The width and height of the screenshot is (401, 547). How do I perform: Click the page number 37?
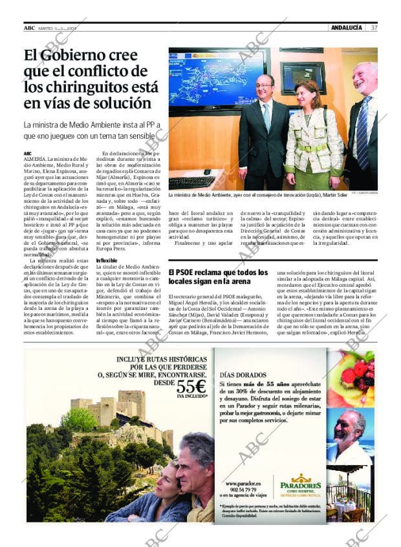pyautogui.click(x=374, y=27)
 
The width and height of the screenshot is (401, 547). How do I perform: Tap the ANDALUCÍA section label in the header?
pyautogui.click(x=345, y=27)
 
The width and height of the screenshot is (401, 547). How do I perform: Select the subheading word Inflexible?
pyautogui.click(x=106, y=260)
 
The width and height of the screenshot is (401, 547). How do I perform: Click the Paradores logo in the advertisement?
pyautogui.click(x=301, y=486)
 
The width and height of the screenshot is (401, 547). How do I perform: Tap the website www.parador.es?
pyautogui.click(x=243, y=483)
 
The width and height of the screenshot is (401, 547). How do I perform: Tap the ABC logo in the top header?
pyautogui.click(x=29, y=27)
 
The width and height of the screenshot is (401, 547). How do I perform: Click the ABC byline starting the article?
pyautogui.click(x=28, y=152)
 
